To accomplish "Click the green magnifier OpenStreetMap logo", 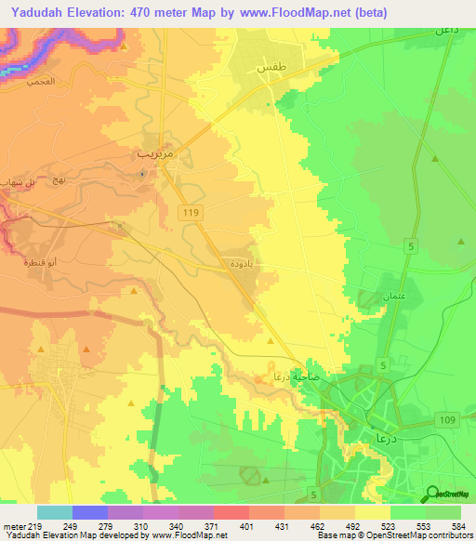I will point(432,494).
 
